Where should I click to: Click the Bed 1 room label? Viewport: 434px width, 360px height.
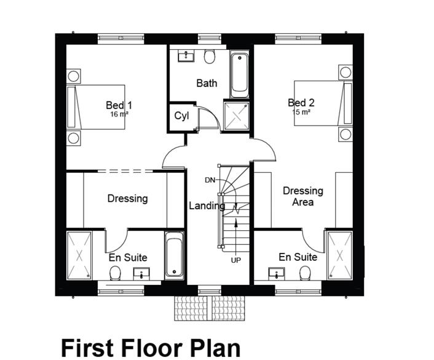tap(119, 105)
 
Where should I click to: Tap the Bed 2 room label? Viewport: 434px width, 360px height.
tap(301, 103)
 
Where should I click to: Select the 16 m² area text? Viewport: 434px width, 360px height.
tap(119, 114)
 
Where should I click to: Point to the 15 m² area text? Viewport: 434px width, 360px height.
tap(301, 113)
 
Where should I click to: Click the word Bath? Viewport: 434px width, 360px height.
tap(207, 82)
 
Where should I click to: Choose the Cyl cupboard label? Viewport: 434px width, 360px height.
tap(181, 116)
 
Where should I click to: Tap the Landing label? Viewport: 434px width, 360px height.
tap(207, 206)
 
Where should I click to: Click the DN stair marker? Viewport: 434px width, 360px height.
tap(210, 180)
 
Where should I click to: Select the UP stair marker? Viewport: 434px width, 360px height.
tap(235, 260)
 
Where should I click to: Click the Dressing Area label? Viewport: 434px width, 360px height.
tap(302, 196)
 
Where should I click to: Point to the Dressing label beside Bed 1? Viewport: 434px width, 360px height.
tap(127, 198)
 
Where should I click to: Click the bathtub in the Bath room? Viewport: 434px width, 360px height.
tap(240, 75)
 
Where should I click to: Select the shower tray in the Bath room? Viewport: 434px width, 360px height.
tap(237, 116)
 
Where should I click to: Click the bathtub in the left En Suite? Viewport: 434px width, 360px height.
tap(174, 255)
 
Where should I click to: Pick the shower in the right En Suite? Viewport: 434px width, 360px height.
tap(339, 255)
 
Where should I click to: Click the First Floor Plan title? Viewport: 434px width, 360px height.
tap(150, 348)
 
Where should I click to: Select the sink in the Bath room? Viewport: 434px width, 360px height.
tap(184, 57)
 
